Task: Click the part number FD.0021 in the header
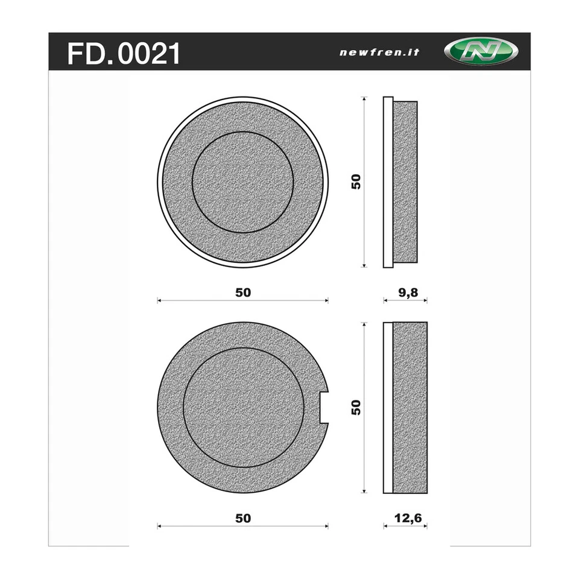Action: click(124, 53)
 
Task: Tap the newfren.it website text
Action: click(379, 52)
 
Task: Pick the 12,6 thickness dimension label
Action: click(405, 517)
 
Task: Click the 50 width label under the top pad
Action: click(242, 292)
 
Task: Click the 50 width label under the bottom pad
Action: click(242, 517)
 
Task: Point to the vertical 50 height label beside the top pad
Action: click(356, 182)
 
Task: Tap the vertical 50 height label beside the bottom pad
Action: click(356, 407)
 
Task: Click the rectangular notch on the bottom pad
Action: click(324, 407)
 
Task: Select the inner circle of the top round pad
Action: click(242, 182)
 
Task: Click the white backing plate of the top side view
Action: click(388, 182)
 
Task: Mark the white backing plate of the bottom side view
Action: click(388, 407)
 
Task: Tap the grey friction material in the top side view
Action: click(405, 182)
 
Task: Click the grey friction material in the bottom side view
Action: click(410, 407)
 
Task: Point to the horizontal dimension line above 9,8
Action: click(405, 300)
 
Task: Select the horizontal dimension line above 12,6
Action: click(405, 526)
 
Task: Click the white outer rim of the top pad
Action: click(160, 182)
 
